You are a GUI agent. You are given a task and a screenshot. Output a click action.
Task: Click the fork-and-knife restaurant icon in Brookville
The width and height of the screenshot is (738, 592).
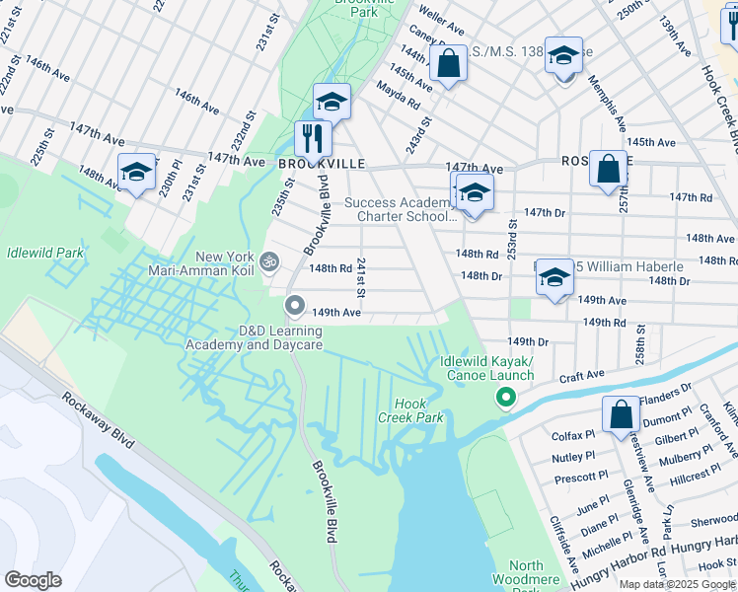[313, 139]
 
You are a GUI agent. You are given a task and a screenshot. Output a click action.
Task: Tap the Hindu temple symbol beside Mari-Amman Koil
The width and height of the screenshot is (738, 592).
[269, 260]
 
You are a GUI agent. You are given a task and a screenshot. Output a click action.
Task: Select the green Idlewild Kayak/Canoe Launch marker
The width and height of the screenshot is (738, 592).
[505, 398]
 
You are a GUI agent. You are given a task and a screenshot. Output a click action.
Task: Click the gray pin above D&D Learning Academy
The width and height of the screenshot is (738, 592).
[294, 304]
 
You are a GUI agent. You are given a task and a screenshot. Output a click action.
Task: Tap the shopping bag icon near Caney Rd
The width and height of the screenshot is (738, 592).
[448, 64]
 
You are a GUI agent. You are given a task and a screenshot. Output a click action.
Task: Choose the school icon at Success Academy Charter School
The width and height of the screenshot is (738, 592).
[474, 192]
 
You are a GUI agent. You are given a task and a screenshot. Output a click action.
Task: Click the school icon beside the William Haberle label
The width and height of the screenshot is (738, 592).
[554, 276]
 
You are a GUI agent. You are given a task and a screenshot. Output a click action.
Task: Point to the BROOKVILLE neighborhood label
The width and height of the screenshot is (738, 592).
[308, 163]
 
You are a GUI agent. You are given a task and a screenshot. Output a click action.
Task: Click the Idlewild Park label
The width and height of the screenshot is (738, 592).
[43, 254]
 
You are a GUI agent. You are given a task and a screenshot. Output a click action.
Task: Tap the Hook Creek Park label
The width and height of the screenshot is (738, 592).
[410, 410]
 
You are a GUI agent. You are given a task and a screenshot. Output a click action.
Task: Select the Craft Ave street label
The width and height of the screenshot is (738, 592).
[581, 375]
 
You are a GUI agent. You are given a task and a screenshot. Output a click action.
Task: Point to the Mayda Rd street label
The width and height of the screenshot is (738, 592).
[398, 95]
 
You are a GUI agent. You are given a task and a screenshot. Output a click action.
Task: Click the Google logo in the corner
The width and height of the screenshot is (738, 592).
[34, 580]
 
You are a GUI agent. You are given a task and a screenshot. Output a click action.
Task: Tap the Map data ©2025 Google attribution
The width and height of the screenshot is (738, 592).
[677, 584]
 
